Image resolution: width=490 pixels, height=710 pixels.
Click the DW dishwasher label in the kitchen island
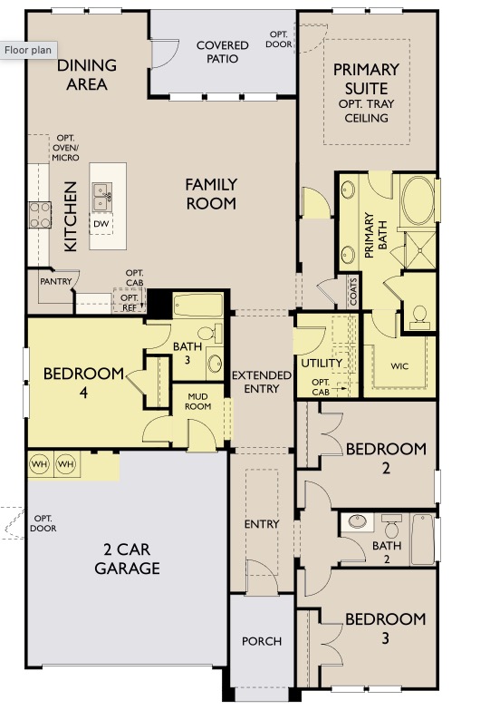[101, 223]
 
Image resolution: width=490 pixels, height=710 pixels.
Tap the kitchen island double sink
[101, 193]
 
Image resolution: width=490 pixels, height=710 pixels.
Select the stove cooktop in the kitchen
[40, 214]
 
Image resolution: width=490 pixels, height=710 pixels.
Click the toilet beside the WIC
[419, 315]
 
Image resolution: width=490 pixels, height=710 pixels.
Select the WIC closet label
[399, 367]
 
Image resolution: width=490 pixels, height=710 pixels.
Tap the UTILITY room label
[322, 364]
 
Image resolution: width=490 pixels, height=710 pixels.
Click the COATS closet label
[352, 291]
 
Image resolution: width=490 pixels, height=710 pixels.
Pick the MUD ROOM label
[198, 401]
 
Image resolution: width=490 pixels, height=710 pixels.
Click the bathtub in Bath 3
[197, 306]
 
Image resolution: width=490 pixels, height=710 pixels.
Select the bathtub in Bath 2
[423, 539]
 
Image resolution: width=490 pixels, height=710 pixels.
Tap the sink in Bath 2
[358, 522]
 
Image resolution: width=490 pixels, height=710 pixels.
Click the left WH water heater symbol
[40, 463]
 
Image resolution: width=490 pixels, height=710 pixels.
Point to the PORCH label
[261, 641]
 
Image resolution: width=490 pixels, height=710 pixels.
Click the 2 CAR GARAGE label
[127, 559]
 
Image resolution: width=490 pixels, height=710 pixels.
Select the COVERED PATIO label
[222, 52]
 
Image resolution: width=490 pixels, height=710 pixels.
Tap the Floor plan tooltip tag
[28, 51]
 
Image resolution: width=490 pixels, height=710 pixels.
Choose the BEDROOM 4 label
[83, 381]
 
